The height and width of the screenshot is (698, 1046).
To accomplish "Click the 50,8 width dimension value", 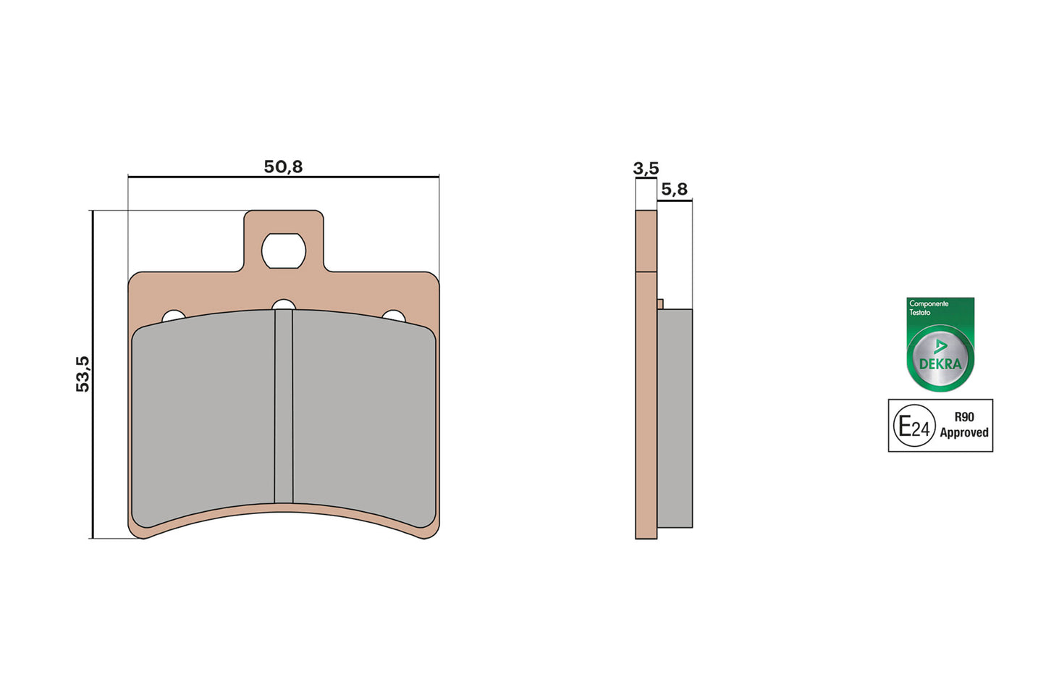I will (283, 167).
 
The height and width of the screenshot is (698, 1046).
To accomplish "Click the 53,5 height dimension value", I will (83, 374).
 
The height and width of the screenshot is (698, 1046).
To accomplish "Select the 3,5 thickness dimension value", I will (646, 169).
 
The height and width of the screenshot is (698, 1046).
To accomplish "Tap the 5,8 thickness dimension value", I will (674, 189).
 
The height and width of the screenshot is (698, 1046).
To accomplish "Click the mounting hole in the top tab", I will (284, 251).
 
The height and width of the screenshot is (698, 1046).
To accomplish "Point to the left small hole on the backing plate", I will (173, 316).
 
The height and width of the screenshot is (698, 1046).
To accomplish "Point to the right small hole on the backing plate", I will (394, 316).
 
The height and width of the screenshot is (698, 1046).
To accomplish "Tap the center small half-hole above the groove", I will (284, 305).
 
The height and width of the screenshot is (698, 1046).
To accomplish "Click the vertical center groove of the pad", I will (284, 405).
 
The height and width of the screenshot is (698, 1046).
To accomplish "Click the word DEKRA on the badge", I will (940, 364).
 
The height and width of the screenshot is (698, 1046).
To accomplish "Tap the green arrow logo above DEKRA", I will (940, 346).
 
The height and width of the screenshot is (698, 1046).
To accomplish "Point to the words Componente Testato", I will (928, 308).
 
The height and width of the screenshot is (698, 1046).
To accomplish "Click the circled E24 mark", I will (914, 426).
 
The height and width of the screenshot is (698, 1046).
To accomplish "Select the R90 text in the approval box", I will (964, 417).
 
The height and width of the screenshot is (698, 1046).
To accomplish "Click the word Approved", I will (964, 433).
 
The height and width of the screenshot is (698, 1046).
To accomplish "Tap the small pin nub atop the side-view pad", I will (660, 304).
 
